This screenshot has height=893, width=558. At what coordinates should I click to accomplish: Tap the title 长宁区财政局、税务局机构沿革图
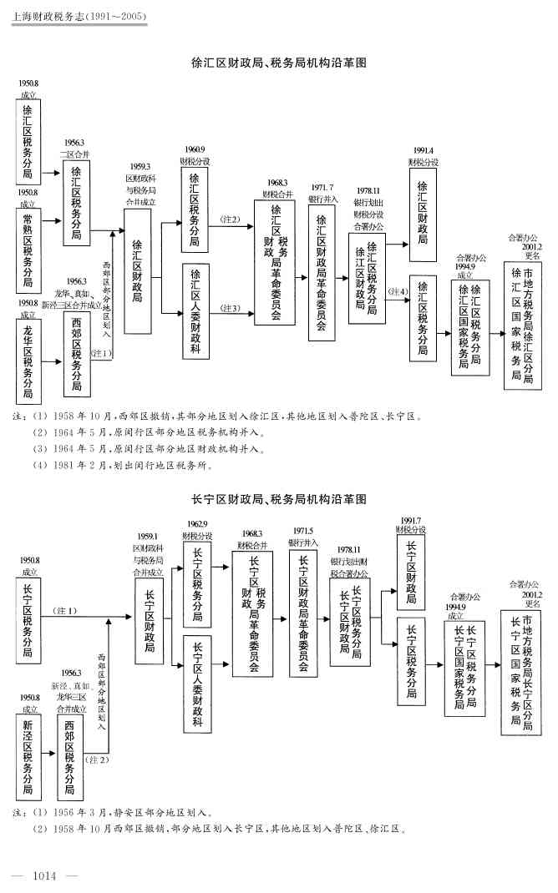pos(279,500)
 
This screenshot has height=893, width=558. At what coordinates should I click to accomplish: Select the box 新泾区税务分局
pos(28,755)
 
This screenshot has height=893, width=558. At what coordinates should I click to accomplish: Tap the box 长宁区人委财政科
pos(197,684)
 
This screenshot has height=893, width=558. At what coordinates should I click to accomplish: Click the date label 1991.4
pos(423,151)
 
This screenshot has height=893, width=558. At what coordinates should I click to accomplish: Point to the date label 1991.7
pos(410,521)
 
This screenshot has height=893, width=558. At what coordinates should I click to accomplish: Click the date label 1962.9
pos(197,524)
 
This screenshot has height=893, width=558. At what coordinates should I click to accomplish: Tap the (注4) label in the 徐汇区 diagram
pos(398,291)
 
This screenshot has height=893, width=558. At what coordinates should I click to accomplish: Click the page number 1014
pos(43,875)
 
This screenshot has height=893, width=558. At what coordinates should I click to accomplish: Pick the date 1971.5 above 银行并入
pos(302,532)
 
